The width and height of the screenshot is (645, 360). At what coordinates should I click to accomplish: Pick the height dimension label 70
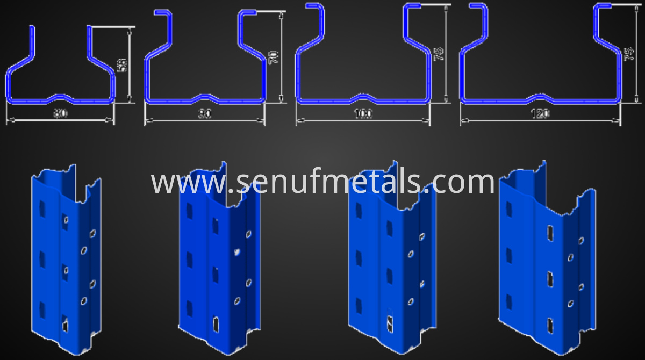pyautogui.click(x=274, y=57)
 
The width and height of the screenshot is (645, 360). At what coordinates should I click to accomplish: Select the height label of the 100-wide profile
pyautogui.click(x=438, y=54)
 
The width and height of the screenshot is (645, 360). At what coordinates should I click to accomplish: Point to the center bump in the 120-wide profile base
pyautogui.click(x=541, y=97)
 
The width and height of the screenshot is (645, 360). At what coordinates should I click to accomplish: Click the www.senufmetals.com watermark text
pyautogui.click(x=322, y=183)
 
